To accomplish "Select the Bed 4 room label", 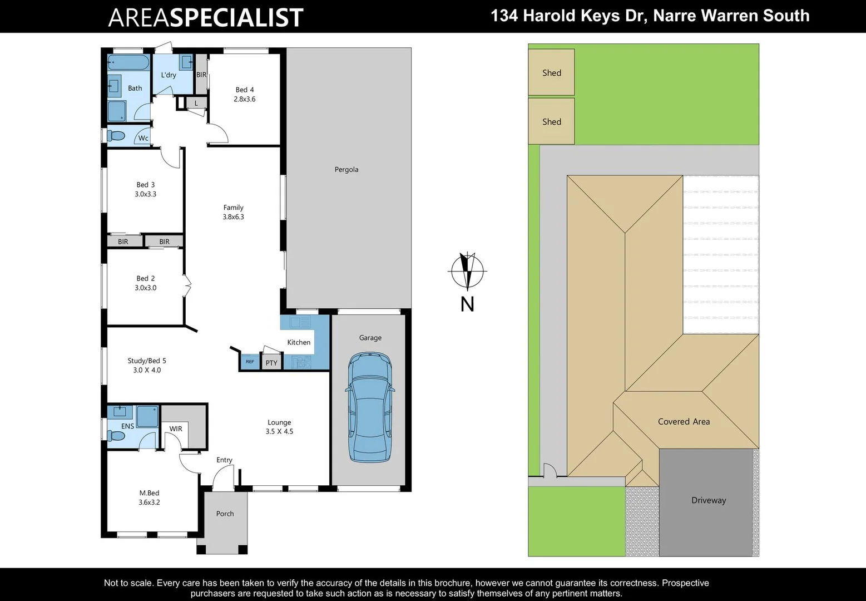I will (245, 90).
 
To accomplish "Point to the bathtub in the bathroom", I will (128, 62).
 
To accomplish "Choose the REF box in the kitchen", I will (250, 362).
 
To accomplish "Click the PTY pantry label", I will (271, 363).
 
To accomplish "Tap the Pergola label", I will (347, 170).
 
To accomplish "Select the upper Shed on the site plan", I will (551, 72).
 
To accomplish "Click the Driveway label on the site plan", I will (709, 500).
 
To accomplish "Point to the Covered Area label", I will (684, 422).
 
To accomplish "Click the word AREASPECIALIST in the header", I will (206, 17).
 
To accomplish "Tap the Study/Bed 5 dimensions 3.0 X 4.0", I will (147, 370).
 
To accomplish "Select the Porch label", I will (225, 514).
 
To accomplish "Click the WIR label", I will (176, 428).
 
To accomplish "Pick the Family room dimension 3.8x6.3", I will (234, 217).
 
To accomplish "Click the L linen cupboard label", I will (196, 103).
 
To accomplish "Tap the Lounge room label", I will (279, 422).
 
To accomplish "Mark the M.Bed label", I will (149, 493).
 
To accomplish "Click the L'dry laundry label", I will (169, 75).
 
